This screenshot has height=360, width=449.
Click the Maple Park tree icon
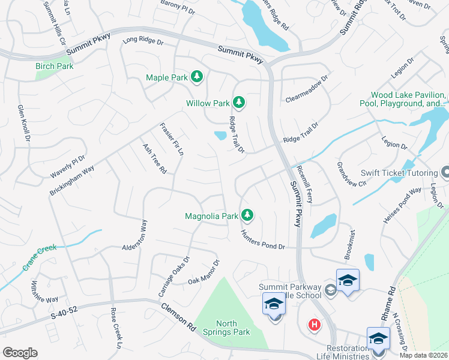[x=196, y=77]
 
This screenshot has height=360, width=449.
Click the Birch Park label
[x=55, y=66]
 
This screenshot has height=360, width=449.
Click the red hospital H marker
[x=313, y=325]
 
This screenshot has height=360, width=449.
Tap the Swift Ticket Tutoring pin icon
[x=445, y=173]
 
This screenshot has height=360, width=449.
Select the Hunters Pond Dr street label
[x=262, y=239]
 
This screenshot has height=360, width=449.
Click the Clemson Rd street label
[x=178, y=317]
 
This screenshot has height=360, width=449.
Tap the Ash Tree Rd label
[x=154, y=158]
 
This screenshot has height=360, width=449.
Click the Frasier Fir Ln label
[x=172, y=139]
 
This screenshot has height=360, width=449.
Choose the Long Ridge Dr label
[x=143, y=42]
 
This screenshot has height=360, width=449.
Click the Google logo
[x=20, y=353]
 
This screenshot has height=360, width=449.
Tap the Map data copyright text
[x=424, y=355]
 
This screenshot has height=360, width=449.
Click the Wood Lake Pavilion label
[x=408, y=99]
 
